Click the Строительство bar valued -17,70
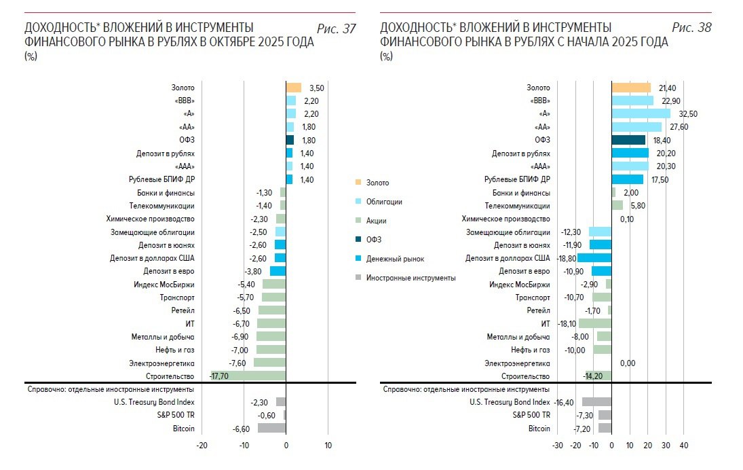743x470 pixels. click(x=248, y=376)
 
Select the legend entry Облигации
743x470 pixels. click(x=384, y=202)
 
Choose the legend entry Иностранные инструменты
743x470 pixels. click(x=411, y=278)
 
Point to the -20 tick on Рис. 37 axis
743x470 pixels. click(x=202, y=446)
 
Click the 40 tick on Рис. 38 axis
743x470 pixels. click(x=684, y=446)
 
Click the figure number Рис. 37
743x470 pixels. click(x=336, y=28)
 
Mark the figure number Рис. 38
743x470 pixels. click(x=691, y=28)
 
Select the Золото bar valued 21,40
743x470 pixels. click(x=631, y=88)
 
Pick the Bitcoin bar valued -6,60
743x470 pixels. click(x=271, y=429)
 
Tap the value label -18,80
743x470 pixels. click(x=567, y=258)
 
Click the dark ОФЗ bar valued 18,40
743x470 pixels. click(x=628, y=140)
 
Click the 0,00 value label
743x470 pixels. click(x=628, y=363)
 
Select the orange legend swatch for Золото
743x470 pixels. click(x=358, y=183)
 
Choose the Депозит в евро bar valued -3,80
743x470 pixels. click(x=278, y=271)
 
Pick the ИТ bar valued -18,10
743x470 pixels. click(x=595, y=323)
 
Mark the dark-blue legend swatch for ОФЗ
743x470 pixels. click(x=358, y=240)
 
